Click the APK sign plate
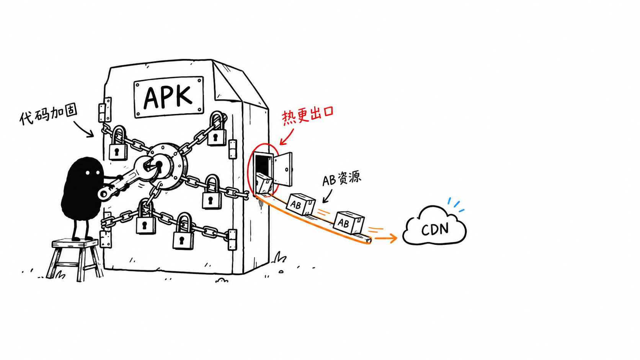pyautogui.click(x=169, y=97)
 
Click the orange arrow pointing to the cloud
pyautogui.click(x=386, y=238)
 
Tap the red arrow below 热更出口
pyautogui.click(x=286, y=137)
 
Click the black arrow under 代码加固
pyautogui.click(x=83, y=129)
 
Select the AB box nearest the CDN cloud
pyautogui.click(x=349, y=223)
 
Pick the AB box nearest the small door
pyautogui.click(x=300, y=204)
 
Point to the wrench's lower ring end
pyautogui.click(x=104, y=194)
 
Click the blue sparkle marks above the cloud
pyautogui.click(x=456, y=205)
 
